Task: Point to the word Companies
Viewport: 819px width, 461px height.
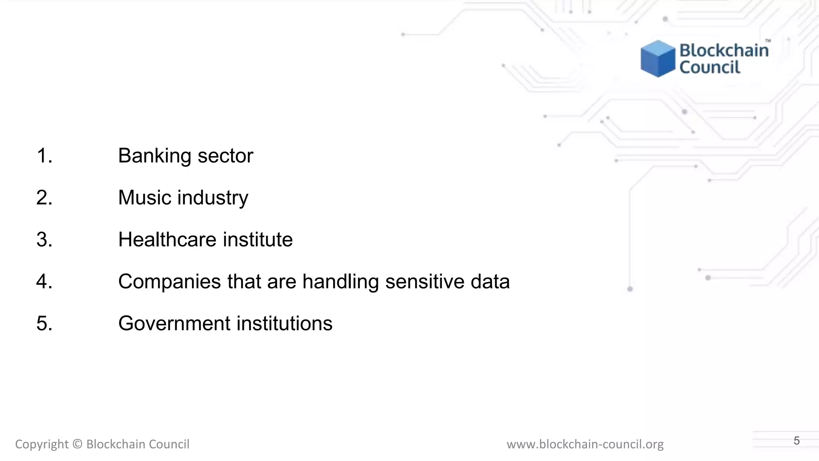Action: pyautogui.click(x=169, y=282)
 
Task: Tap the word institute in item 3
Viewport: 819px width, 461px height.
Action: pyautogui.click(x=258, y=240)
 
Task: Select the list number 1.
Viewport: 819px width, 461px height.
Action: pyautogui.click(x=44, y=156)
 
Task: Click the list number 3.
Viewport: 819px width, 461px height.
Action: pyautogui.click(x=44, y=240)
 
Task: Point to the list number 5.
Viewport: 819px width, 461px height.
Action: pyautogui.click(x=44, y=323)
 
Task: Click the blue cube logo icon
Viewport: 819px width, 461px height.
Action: pyautogui.click(x=658, y=58)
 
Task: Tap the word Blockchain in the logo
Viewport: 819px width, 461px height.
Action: pyautogui.click(x=724, y=50)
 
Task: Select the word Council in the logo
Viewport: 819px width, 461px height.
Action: pyautogui.click(x=710, y=67)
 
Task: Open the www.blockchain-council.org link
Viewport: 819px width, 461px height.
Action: pyautogui.click(x=585, y=444)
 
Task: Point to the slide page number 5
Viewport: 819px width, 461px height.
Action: pyautogui.click(x=797, y=441)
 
